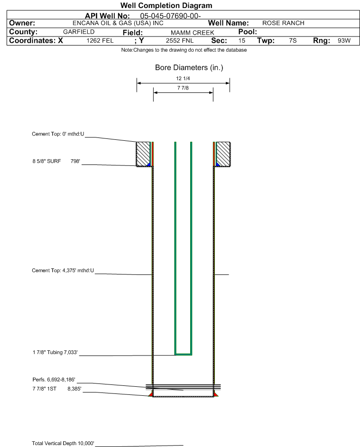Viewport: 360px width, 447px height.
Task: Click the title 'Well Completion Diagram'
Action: (166, 5)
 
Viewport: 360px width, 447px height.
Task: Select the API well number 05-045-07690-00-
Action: (170, 16)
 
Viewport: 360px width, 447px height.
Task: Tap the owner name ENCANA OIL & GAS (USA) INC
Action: (118, 23)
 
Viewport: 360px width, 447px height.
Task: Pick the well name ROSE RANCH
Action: (283, 23)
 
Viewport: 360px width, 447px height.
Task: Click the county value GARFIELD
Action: (79, 32)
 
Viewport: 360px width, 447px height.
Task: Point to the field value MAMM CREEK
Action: (192, 33)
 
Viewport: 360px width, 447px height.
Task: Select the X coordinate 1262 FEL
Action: (100, 40)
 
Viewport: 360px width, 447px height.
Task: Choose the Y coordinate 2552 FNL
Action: (180, 40)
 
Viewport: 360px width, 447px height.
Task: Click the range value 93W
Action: (344, 40)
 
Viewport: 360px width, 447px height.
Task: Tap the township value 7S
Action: (293, 40)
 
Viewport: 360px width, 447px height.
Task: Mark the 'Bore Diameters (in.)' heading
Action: (189, 68)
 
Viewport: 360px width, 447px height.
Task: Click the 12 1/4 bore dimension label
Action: (183, 78)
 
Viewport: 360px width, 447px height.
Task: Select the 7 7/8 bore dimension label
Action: (183, 88)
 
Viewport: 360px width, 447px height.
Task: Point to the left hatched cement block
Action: (143, 154)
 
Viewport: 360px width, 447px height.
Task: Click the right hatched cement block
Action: (223, 154)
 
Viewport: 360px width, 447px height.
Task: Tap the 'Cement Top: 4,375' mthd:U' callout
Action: (63, 270)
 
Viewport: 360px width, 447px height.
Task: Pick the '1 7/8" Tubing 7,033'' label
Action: (55, 352)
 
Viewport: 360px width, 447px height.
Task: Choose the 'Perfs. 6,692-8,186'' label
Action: (54, 379)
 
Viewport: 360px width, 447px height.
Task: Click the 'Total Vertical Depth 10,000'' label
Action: (63, 443)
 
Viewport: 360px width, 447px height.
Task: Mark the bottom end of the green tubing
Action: (183, 355)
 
